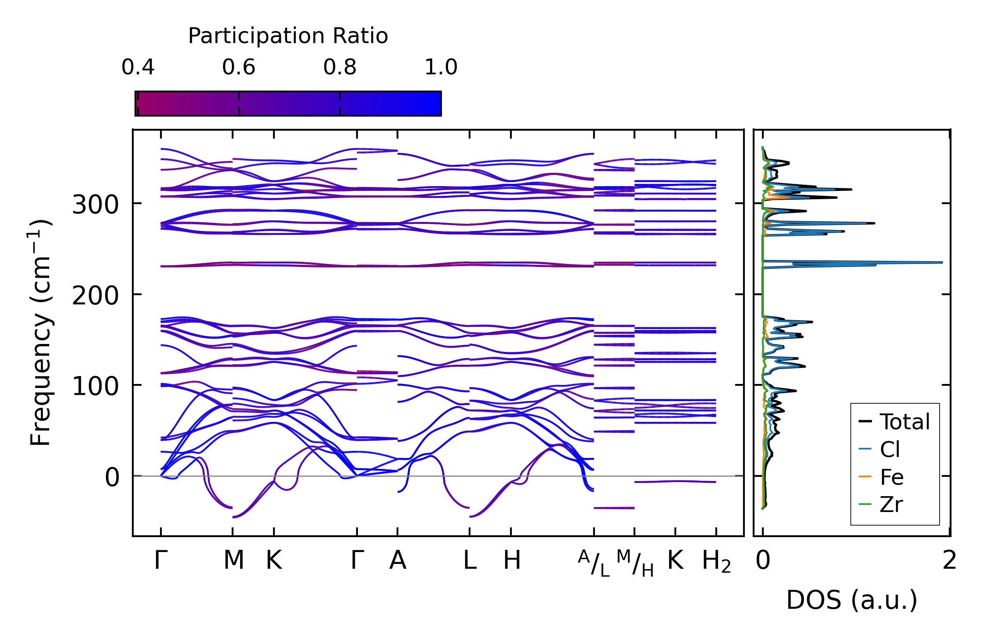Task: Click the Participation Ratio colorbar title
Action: click(288, 36)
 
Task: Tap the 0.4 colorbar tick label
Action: click(138, 67)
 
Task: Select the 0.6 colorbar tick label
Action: click(239, 67)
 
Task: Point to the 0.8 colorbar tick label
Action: click(340, 67)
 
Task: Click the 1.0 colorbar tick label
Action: click(441, 67)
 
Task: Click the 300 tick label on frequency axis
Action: click(95, 205)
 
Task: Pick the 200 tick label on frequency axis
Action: click(95, 296)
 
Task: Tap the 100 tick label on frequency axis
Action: click(95, 387)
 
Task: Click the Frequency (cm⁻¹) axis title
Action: click(40, 333)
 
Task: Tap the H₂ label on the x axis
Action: click(716, 562)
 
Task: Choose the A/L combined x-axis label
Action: click(594, 563)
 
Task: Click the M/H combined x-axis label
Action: click(635, 563)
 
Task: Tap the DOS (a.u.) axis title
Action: click(852, 600)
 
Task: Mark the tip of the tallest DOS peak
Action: click(942, 263)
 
